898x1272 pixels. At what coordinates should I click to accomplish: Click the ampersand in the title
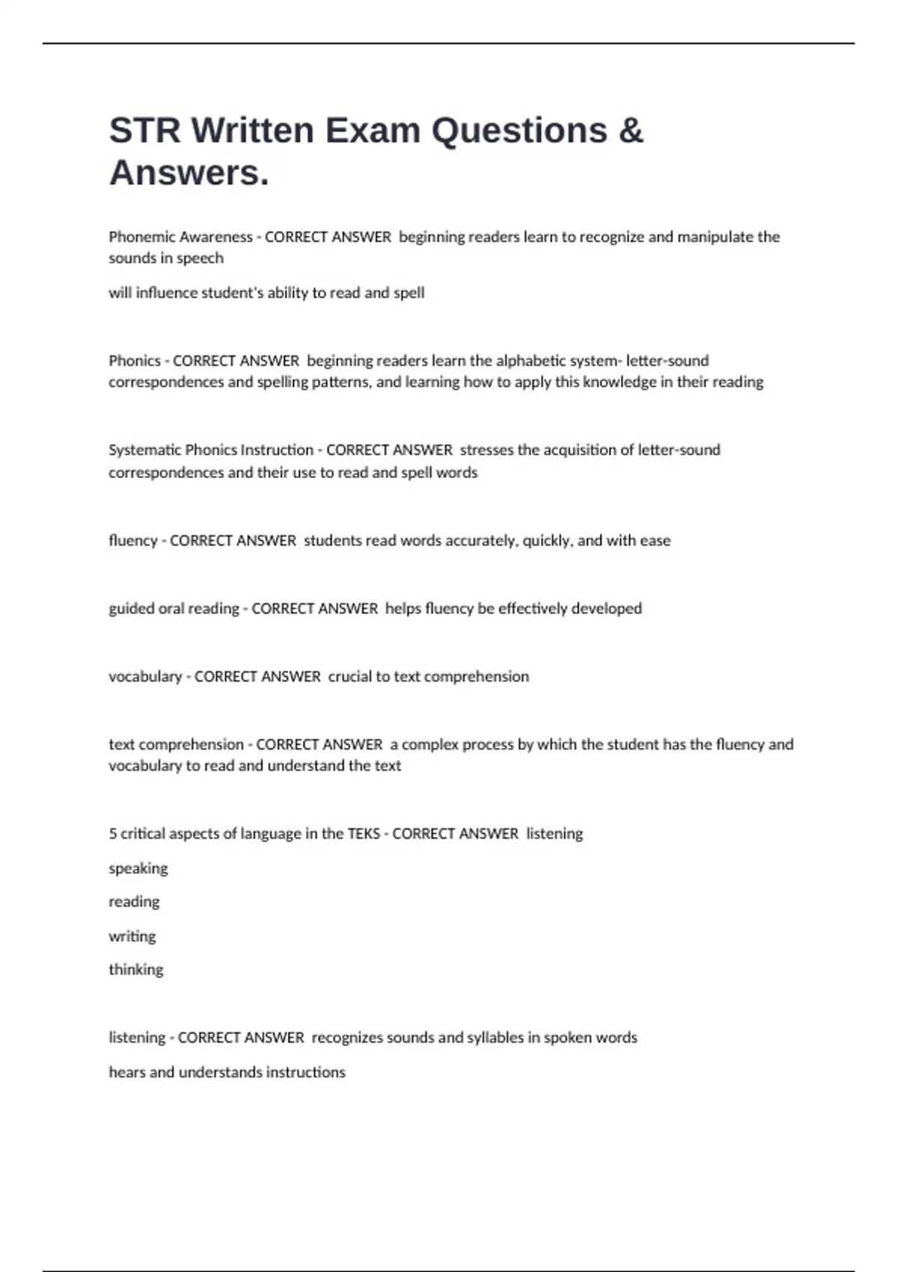tap(631, 131)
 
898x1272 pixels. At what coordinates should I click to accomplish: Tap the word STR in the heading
tap(144, 131)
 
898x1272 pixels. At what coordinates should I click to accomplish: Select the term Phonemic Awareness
tap(180, 237)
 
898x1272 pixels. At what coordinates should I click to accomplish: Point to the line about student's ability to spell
tap(266, 293)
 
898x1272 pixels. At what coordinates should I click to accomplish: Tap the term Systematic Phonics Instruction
tap(211, 450)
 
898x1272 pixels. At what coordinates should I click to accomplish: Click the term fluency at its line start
tap(132, 541)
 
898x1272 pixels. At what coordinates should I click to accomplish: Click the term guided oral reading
tap(174, 609)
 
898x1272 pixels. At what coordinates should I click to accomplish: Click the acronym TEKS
tap(364, 834)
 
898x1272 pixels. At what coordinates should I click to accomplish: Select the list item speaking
tap(138, 869)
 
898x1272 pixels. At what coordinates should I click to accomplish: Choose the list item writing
tap(132, 937)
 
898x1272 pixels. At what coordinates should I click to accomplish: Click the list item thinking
tap(136, 970)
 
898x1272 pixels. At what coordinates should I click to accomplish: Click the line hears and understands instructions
tap(227, 1072)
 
